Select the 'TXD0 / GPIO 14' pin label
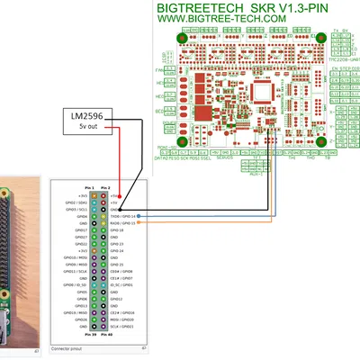coord(122,216)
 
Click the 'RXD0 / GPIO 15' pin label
coord(122,223)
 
